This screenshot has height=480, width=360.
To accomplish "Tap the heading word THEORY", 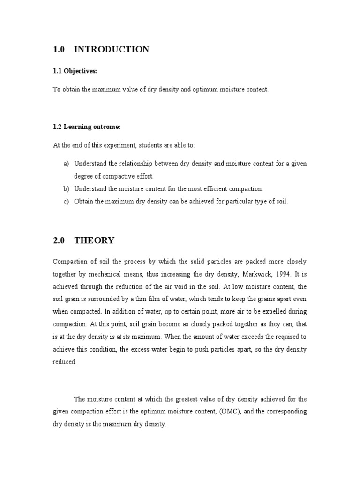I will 94,240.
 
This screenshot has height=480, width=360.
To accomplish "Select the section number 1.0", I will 59,49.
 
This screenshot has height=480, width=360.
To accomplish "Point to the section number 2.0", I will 59,240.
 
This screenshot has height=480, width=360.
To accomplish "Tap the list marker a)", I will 66,164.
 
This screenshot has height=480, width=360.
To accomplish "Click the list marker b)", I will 66,189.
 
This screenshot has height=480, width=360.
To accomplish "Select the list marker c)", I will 66,202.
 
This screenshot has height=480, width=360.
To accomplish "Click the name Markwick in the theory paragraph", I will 250,274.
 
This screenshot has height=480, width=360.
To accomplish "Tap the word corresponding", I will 286,411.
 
